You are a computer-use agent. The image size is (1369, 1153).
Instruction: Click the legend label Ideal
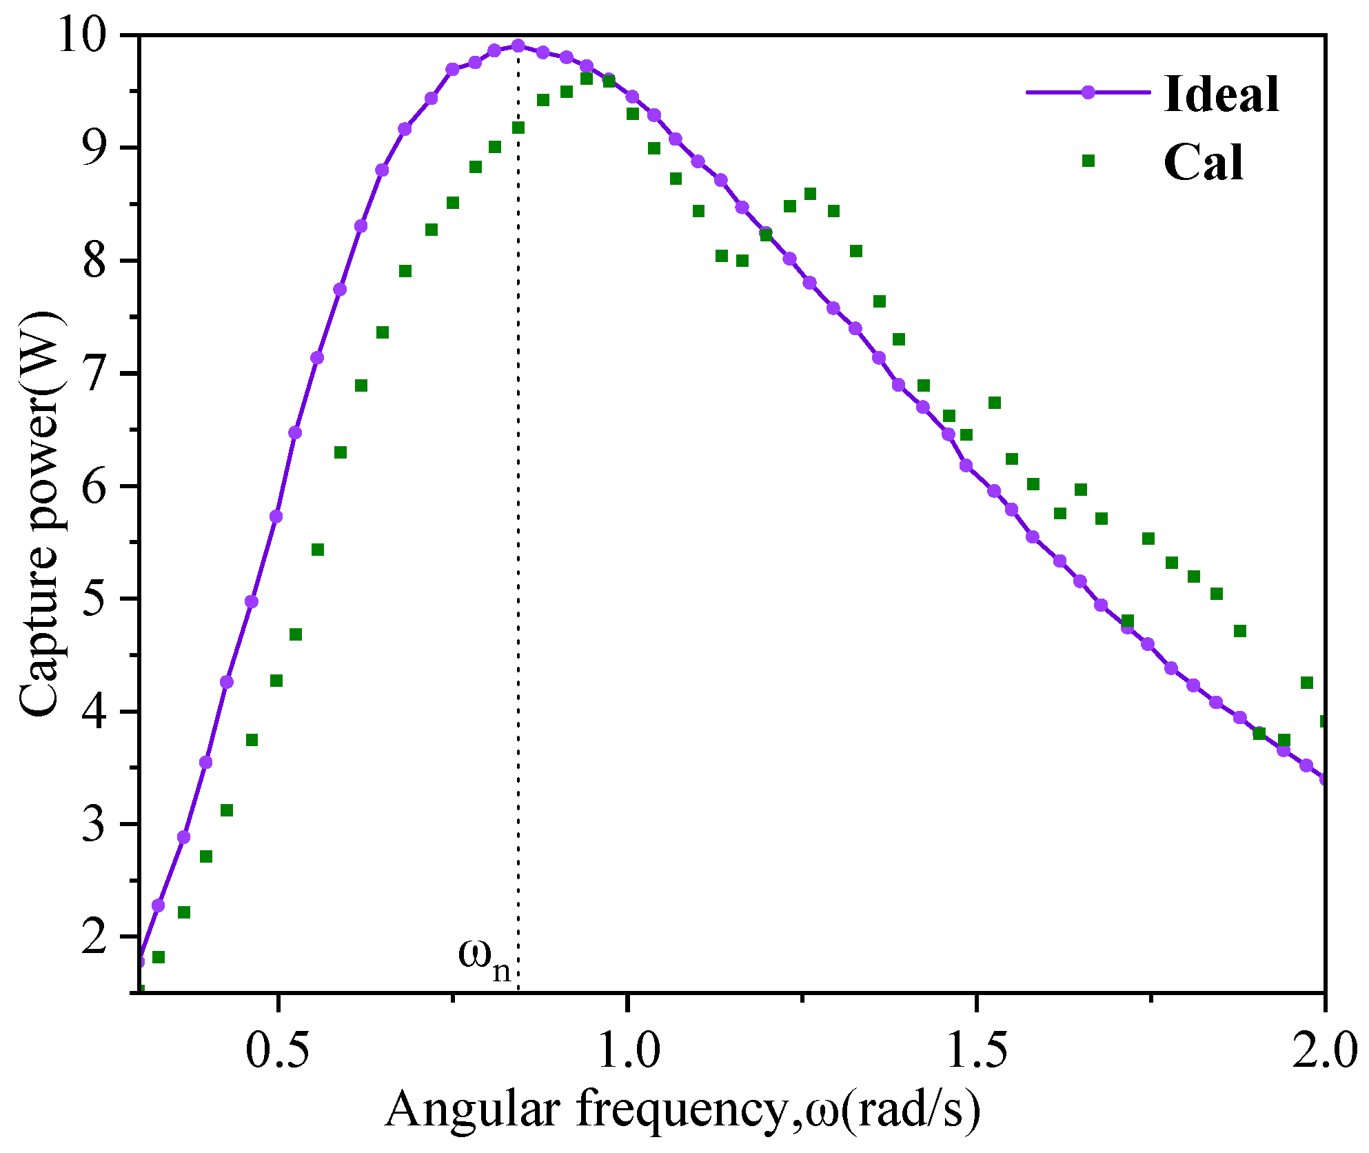[x=1221, y=94]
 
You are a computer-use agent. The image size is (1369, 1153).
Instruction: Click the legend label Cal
[x=1204, y=163]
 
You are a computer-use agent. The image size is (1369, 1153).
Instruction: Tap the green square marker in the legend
[x=1088, y=161]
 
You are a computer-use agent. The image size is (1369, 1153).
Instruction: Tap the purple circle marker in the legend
[x=1088, y=92]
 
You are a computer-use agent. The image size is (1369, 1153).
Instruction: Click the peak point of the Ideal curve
[x=518, y=46]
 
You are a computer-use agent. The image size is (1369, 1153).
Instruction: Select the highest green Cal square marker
[x=587, y=79]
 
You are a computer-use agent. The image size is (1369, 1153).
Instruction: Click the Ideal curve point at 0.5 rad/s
[x=276, y=517]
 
